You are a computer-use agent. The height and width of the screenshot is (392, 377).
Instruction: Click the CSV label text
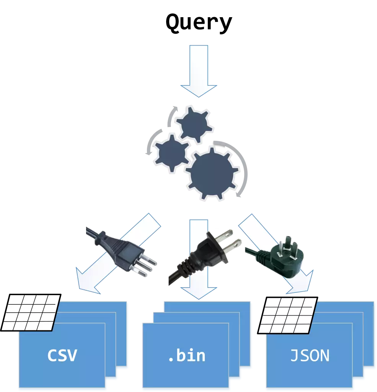tap(62, 355)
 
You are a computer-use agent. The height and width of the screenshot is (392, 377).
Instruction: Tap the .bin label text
tap(187, 355)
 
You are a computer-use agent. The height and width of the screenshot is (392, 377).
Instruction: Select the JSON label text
tap(310, 355)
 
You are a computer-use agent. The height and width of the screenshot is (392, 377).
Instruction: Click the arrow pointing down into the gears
tap(199, 69)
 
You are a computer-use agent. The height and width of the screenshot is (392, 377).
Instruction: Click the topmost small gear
tap(194, 124)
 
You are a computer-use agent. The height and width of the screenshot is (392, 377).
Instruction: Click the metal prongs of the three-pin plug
tap(147, 266)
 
